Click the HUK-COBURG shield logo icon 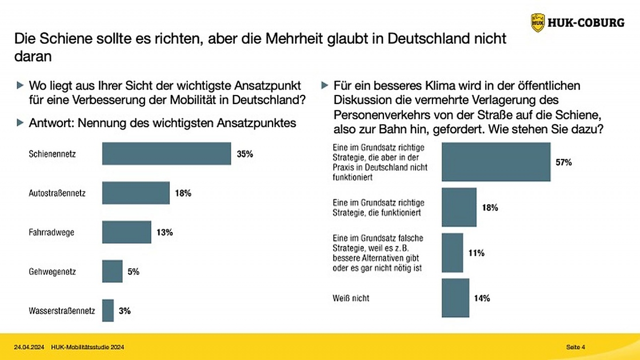click(538, 23)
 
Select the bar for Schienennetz click(166, 154)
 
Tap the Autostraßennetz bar click(135, 193)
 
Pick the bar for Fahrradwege click(126, 232)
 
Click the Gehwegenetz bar click(113, 271)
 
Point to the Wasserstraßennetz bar click(108, 310)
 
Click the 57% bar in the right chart click(496, 162)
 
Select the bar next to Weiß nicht click(455, 298)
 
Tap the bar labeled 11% click(452, 253)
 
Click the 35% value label click(245, 154)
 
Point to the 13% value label click(165, 233)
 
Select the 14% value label click(482, 298)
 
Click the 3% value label click(125, 310)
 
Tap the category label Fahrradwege click(51, 233)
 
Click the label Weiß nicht click(351, 298)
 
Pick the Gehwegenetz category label click(52, 271)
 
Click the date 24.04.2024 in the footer click(29, 347)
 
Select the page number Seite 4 click(575, 347)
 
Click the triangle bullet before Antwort click(20, 123)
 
